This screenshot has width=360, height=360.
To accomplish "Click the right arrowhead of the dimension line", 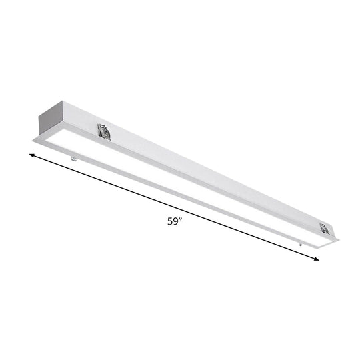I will [316, 259].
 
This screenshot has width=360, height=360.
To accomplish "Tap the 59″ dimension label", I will [175, 222].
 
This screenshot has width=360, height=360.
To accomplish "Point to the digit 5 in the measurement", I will [171, 223].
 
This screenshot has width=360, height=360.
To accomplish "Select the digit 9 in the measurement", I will [177, 223].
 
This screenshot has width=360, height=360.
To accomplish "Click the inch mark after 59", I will [182, 220].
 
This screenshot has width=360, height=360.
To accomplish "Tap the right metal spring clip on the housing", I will [325, 229].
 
